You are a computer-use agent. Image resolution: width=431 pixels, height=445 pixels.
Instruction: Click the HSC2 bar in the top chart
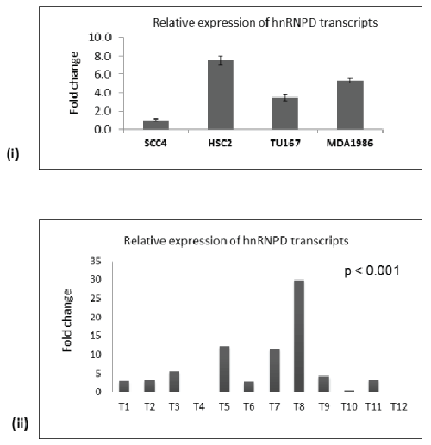coord(221,95)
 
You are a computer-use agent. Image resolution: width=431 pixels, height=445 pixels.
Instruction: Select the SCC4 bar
coord(156,125)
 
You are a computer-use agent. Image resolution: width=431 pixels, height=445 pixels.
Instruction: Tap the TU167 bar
coord(285,114)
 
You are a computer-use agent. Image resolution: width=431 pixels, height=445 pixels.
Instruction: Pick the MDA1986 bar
coord(350,105)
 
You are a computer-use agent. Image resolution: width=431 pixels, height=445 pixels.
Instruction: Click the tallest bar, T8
coord(299,336)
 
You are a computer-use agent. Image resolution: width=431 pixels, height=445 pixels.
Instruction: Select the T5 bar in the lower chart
coord(224,369)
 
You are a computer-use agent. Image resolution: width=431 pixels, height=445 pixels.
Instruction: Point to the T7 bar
coord(275,370)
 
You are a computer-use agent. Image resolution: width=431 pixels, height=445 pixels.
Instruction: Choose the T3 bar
coord(174,381)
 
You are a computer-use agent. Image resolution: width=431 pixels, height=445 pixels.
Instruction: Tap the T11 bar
coord(373,386)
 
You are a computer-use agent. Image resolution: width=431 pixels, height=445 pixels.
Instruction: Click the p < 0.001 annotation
coord(372,271)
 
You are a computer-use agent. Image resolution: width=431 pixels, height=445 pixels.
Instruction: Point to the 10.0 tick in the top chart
coord(100,37)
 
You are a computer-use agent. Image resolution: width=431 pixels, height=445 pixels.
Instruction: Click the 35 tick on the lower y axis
coord(96,261)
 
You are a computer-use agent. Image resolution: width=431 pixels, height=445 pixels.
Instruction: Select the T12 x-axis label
coord(399,406)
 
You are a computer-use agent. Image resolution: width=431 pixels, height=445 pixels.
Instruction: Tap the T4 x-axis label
coord(199,406)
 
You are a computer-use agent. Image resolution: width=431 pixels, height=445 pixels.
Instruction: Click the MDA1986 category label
coord(350,143)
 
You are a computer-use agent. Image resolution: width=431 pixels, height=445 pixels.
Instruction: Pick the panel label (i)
coord(13,154)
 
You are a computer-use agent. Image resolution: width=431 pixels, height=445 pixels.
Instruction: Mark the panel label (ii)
coord(20,423)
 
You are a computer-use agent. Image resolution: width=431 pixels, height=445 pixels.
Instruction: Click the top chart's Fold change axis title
coord(74,83)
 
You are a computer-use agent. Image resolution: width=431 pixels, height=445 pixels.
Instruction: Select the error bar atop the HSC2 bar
coord(221,60)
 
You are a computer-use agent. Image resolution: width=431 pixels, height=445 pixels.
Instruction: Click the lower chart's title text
coord(236,240)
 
